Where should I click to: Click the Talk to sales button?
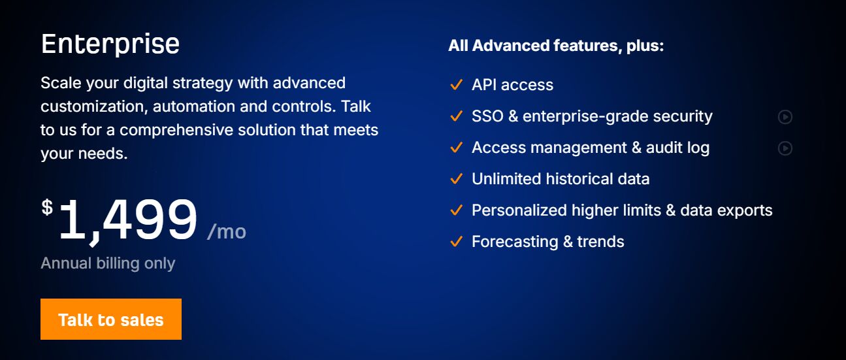pyautogui.click(x=110, y=319)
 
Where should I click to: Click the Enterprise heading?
pyautogui.click(x=110, y=44)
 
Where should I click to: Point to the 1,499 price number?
pyautogui.click(x=127, y=221)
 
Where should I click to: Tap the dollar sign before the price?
pyautogui.click(x=47, y=208)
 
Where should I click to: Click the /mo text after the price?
pyautogui.click(x=227, y=231)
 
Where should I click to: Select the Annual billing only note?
pyautogui.click(x=108, y=263)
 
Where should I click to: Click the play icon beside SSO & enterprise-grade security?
pyautogui.click(x=785, y=117)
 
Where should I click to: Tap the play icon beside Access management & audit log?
pyautogui.click(x=785, y=148)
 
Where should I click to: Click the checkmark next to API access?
pyautogui.click(x=456, y=85)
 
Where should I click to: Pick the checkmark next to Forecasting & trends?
pyautogui.click(x=456, y=242)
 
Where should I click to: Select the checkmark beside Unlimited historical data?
pyautogui.click(x=456, y=179)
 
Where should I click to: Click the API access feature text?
pyautogui.click(x=512, y=85)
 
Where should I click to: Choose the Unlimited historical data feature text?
pyautogui.click(x=561, y=179)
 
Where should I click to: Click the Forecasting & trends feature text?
pyautogui.click(x=547, y=242)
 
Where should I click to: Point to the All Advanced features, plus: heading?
pyautogui.click(x=556, y=46)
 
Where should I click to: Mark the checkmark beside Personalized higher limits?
pyautogui.click(x=456, y=210)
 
